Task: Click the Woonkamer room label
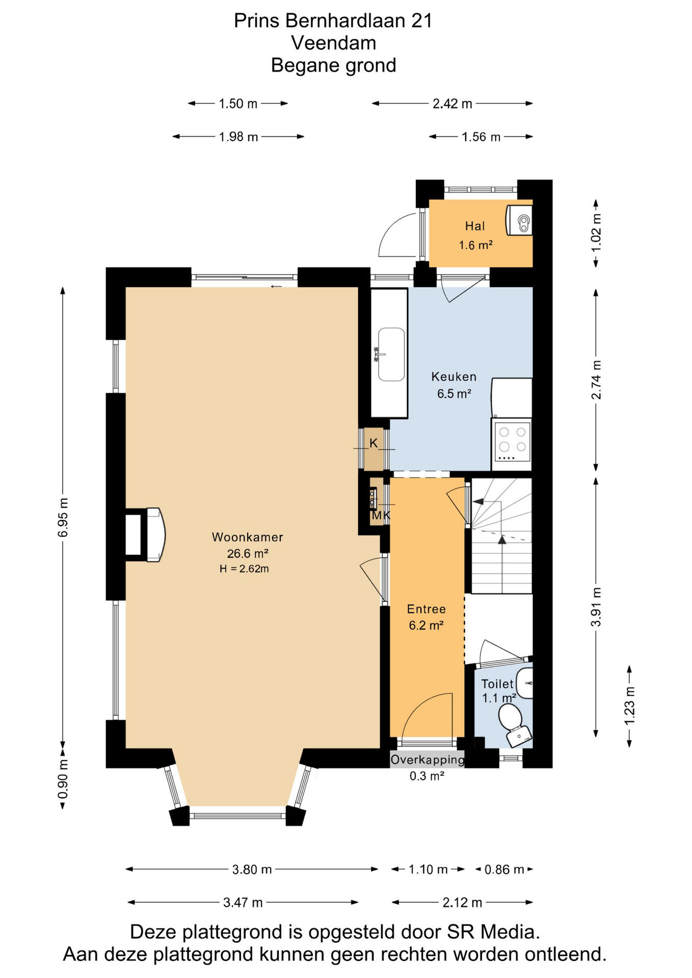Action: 247,537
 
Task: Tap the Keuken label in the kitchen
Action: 454,377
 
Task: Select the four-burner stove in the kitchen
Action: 512,444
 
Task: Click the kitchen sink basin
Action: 391,354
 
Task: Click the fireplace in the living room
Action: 145,535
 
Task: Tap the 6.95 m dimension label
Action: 63,518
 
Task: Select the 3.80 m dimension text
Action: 252,870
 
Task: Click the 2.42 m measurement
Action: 452,104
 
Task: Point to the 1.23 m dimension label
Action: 629,706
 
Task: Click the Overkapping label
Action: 428,760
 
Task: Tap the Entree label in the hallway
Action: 426,609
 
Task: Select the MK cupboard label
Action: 381,515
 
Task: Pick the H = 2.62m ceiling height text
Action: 244,569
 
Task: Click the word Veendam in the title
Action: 334,43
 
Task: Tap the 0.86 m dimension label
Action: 504,870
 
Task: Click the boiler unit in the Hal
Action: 519,221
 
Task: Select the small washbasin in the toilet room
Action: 525,683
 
